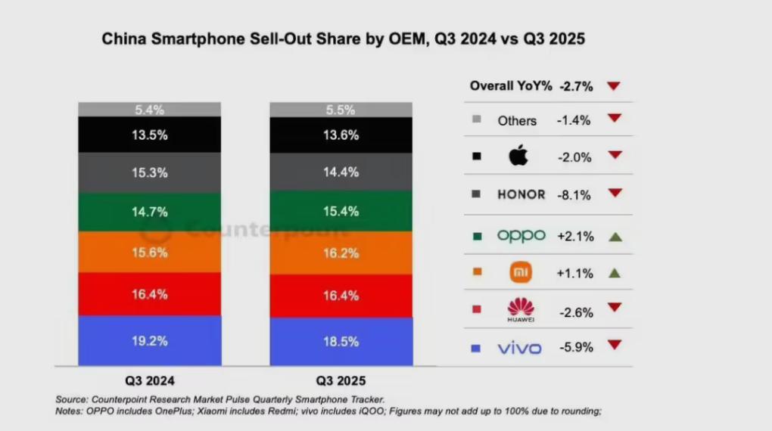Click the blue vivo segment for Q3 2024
[150, 341]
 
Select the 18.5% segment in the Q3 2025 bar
[341, 342]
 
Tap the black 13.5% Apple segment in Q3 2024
[150, 135]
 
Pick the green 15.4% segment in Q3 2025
[341, 211]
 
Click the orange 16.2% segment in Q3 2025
[341, 253]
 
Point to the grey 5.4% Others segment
[150, 110]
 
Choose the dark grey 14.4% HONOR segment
[341, 172]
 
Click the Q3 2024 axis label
[149, 380]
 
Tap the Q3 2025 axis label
[341, 380]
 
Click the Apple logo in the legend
[519, 157]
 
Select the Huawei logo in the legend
[521, 309]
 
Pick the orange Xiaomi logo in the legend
[521, 271]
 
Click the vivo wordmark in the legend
[519, 349]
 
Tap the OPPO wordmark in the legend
[521, 236]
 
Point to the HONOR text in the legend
[521, 194]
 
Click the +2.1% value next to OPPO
[574, 236]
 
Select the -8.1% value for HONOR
[575, 194]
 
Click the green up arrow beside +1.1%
[615, 272]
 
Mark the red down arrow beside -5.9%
[614, 345]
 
